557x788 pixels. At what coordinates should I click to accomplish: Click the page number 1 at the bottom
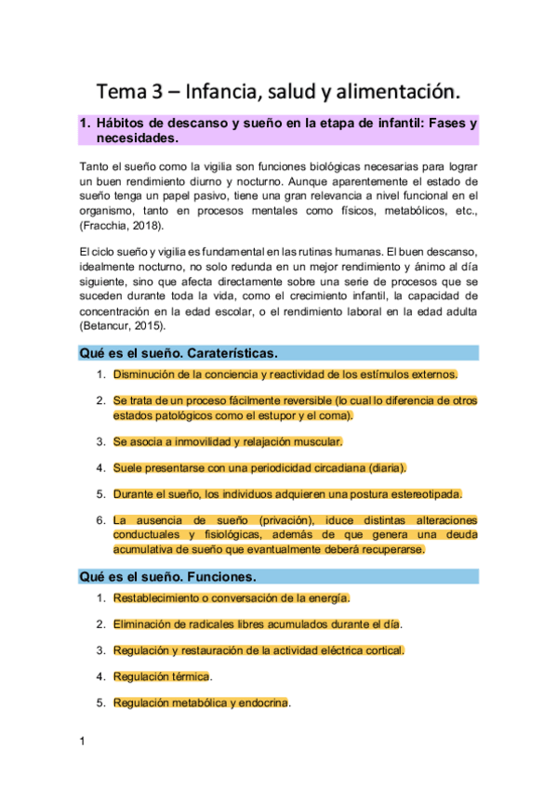click(83, 741)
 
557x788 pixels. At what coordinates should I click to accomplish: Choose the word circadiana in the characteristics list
click(325, 467)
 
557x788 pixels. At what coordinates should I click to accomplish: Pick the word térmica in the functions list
click(189, 676)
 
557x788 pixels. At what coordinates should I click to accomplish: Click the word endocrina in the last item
click(262, 703)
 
